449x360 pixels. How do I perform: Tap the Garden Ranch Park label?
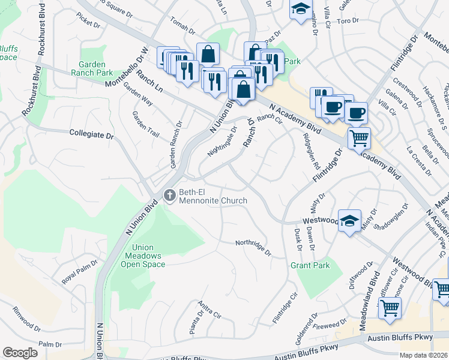(x=96, y=68)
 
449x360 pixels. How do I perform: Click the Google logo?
(x=20, y=353)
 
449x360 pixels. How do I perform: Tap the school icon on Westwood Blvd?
(x=349, y=220)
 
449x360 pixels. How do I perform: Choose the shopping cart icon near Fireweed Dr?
(x=390, y=308)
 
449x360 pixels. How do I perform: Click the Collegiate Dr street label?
(x=91, y=134)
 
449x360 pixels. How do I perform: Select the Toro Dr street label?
(x=348, y=20)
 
